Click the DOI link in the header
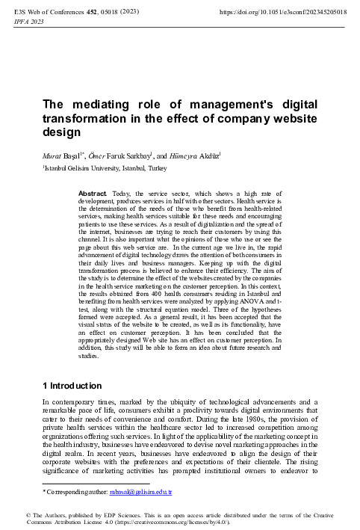[288, 12]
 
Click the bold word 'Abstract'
[93, 194]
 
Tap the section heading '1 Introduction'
[71, 386]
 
